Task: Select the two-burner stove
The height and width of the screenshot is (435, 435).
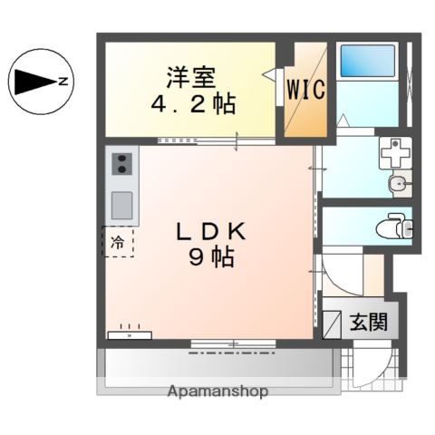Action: click(x=121, y=165)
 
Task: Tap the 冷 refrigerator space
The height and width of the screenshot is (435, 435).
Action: click(x=118, y=242)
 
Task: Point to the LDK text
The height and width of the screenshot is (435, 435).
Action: click(x=211, y=231)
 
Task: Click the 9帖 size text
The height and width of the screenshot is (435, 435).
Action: click(x=211, y=258)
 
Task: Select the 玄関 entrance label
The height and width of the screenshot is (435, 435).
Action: click(x=367, y=321)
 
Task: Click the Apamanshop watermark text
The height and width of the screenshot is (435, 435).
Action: click(x=217, y=391)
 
